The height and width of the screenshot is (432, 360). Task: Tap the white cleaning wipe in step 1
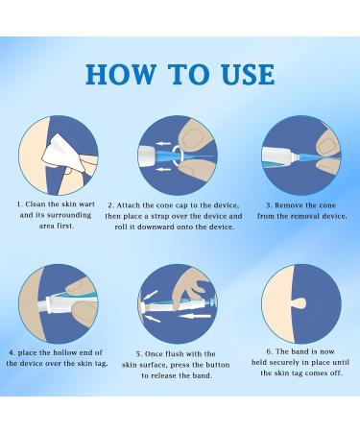point(62,153)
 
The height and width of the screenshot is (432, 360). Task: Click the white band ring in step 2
point(178,153)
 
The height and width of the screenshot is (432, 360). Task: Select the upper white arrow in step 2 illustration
point(163,143)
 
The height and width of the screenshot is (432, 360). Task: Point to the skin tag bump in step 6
point(300,302)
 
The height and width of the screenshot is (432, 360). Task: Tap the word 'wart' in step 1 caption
point(86,204)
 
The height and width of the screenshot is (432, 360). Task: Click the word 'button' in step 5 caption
point(218,365)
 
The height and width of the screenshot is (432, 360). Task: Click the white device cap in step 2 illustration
point(147,156)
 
